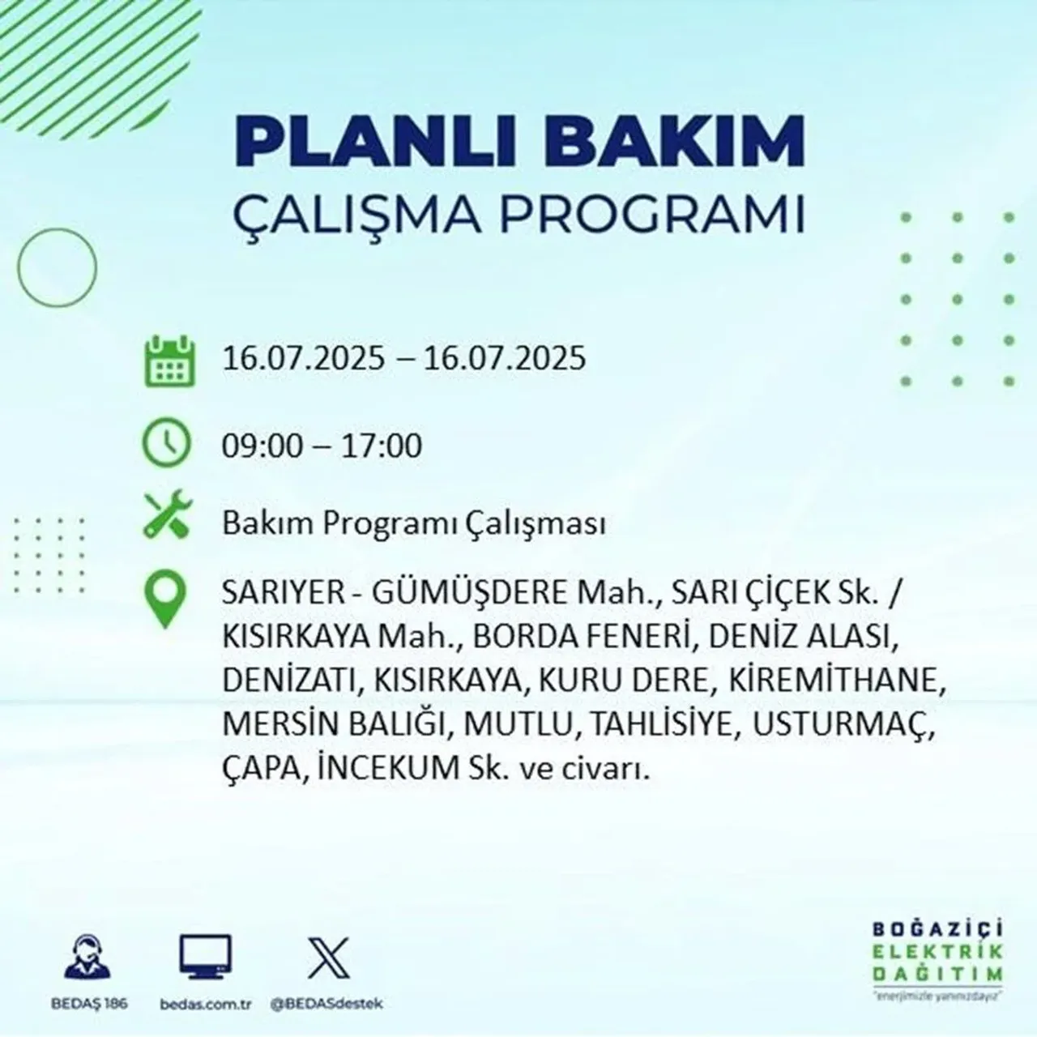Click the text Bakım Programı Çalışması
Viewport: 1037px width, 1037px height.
[414, 524]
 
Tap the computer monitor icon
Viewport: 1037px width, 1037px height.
[205, 958]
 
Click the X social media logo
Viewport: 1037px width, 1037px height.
[328, 958]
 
